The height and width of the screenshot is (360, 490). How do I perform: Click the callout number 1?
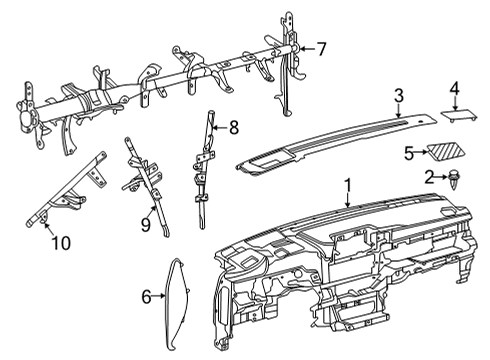click(x=348, y=185)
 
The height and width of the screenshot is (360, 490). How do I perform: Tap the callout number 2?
click(x=429, y=177)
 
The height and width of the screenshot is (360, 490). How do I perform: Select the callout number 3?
click(x=398, y=96)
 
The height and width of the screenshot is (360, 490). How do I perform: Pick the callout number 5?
click(x=408, y=152)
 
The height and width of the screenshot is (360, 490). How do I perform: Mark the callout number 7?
click(x=322, y=47)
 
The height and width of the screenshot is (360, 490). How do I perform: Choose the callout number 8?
click(x=234, y=127)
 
